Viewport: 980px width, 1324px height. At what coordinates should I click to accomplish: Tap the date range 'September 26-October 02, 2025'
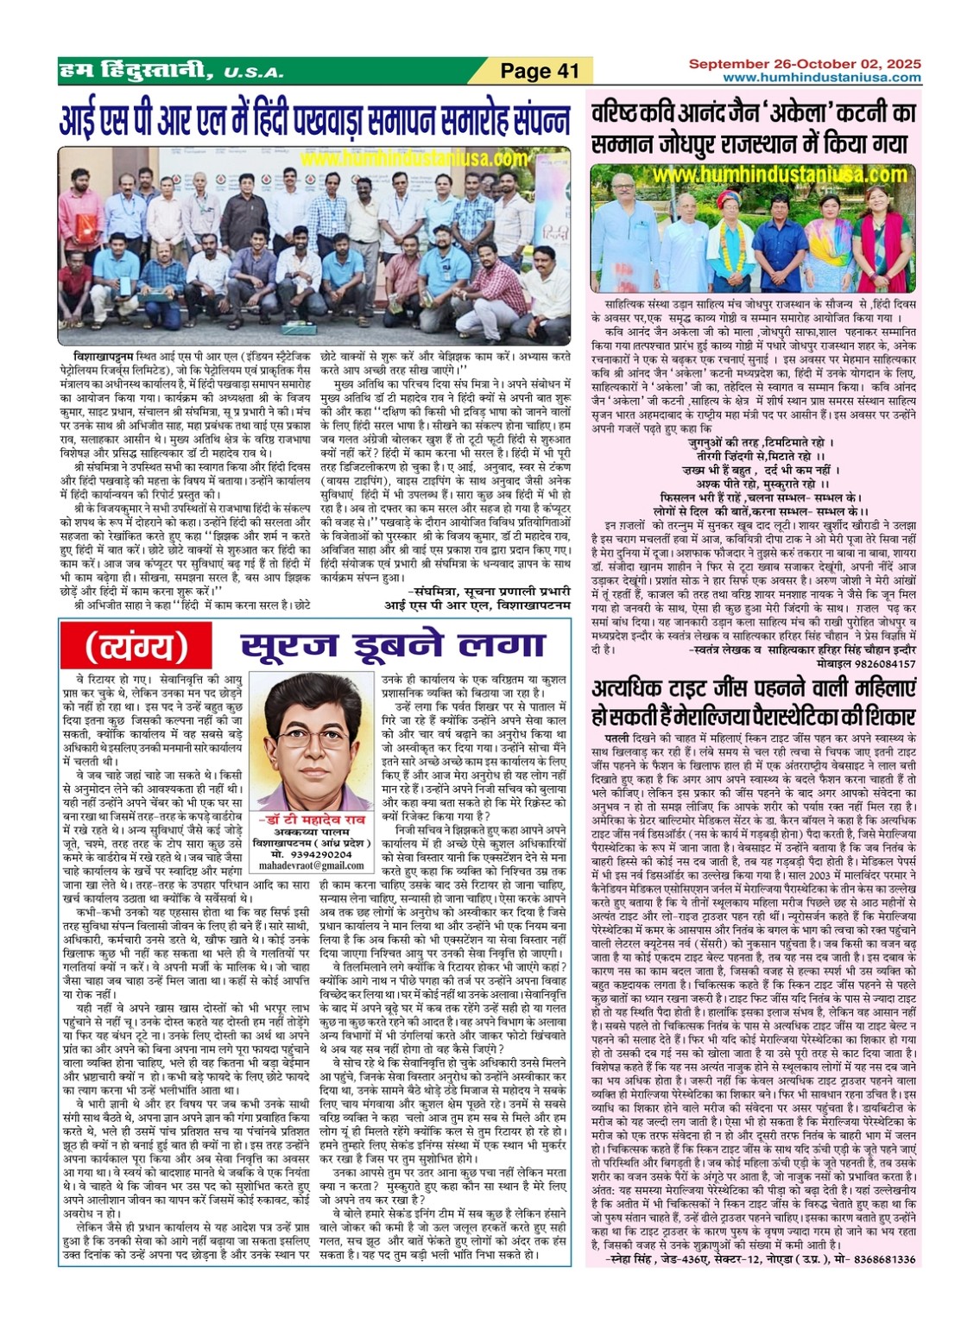pos(804,64)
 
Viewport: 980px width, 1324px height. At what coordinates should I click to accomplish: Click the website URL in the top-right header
pos(821,78)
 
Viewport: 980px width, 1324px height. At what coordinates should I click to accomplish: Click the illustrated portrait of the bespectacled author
pos(311,742)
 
